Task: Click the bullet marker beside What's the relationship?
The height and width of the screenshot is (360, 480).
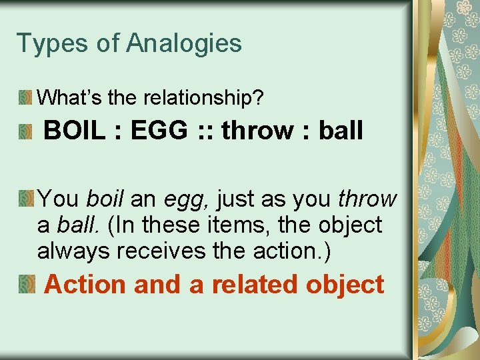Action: tap(26, 98)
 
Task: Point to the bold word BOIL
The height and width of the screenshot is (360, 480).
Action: tap(74, 131)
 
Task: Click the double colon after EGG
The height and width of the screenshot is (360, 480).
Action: tap(203, 131)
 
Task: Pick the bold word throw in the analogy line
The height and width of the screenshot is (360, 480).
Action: tap(257, 131)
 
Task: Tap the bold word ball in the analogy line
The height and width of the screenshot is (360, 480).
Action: tap(341, 131)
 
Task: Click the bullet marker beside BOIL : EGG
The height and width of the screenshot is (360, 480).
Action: tap(26, 131)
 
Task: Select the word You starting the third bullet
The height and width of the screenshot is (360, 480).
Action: tap(59, 199)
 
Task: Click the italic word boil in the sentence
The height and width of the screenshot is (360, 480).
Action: tap(107, 199)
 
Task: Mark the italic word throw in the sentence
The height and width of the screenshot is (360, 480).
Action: tap(367, 199)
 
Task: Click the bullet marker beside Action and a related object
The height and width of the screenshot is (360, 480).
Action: tap(26, 285)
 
